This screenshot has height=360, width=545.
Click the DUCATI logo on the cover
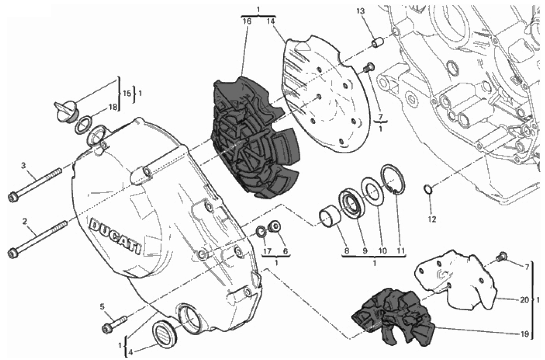(x=115, y=235)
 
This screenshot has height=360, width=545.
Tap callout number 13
(x=361, y=11)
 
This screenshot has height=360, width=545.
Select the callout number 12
(x=432, y=219)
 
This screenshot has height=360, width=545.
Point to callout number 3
(x=23, y=166)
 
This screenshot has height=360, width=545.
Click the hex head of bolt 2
(x=13, y=253)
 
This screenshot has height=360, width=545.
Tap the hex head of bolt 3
(x=13, y=197)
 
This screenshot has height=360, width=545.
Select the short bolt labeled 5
(x=114, y=324)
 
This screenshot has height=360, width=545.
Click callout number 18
(x=113, y=107)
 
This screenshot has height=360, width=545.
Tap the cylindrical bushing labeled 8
(x=330, y=217)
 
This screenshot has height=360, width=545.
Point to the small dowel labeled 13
(x=378, y=42)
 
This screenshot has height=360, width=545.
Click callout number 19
(x=525, y=334)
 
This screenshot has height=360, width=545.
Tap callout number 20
(x=524, y=300)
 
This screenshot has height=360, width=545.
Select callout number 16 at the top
(x=247, y=21)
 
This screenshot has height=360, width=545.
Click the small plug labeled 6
(x=274, y=226)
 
